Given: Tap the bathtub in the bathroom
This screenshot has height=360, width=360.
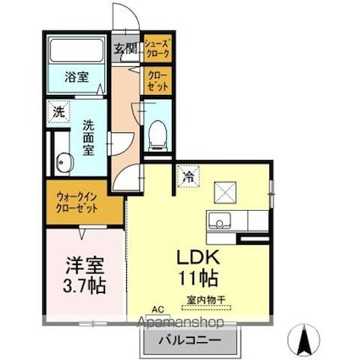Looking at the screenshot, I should [75, 51].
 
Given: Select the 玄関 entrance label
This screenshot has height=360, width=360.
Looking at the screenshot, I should [126, 49].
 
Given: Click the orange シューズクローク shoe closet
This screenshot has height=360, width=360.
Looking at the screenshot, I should [157, 47].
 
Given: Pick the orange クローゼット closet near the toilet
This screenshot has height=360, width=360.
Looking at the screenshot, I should [157, 81].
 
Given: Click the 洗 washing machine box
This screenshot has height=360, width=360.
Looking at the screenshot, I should [58, 111].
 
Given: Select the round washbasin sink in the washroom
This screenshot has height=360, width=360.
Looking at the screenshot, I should [62, 163].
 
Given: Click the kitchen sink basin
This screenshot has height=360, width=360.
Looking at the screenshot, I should [219, 222].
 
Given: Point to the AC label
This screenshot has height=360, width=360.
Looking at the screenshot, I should [157, 311].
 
